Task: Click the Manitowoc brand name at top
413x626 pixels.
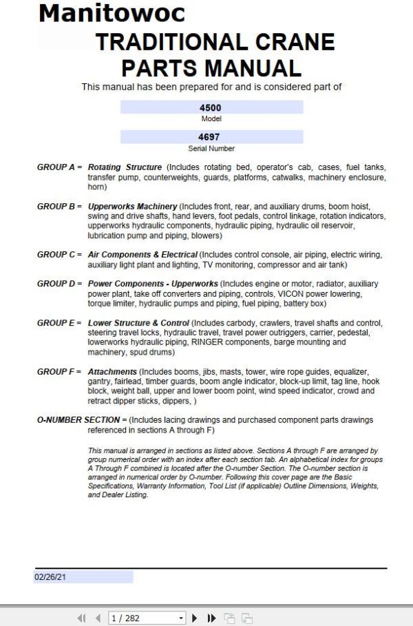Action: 112,12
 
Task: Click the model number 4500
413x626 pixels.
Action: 210,107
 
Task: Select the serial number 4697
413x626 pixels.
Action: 210,137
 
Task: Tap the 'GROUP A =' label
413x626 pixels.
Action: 59,167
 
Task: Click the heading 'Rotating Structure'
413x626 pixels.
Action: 125,167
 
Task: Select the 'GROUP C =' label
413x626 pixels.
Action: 59,255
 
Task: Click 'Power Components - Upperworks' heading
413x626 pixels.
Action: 153,284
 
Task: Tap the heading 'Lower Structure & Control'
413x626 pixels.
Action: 138,323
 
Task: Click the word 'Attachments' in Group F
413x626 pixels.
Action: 112,372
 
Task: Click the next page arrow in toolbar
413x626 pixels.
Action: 195,618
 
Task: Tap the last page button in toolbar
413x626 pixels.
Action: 211,618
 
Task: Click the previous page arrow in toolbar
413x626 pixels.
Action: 98,618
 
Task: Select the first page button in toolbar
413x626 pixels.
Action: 81,618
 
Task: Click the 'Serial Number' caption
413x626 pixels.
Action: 211,149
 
